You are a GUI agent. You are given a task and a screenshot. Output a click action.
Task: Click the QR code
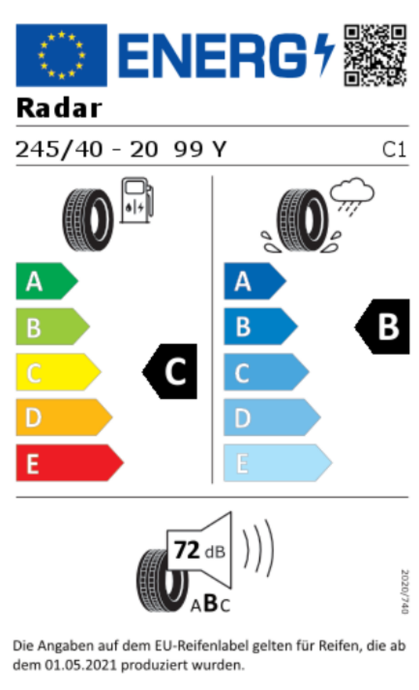click(x=375, y=55)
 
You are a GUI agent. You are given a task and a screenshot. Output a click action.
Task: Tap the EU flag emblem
click(x=61, y=55)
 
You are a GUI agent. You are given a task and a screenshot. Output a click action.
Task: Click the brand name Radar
click(x=59, y=109)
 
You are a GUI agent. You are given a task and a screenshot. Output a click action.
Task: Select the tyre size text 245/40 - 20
click(x=86, y=149)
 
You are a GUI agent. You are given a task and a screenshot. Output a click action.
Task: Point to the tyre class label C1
click(x=394, y=149)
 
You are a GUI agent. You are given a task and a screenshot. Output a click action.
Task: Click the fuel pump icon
click(x=137, y=201)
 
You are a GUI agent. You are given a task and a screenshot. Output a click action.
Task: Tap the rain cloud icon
click(x=352, y=196)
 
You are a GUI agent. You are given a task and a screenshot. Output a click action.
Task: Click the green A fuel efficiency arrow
click(x=47, y=281)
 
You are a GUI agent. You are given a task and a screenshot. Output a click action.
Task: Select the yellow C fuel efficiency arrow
click(x=58, y=372)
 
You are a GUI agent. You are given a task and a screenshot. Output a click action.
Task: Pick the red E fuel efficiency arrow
click(x=70, y=463)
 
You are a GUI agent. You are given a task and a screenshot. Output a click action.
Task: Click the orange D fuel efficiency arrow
click(x=64, y=418)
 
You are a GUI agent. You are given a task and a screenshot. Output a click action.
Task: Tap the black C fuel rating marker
click(x=170, y=372)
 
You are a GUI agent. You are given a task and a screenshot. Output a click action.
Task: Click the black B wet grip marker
click(x=382, y=326)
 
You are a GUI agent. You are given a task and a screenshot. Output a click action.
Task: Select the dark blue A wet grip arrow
click(x=255, y=281)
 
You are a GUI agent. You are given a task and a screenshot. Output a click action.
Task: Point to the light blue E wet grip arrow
click(x=278, y=463)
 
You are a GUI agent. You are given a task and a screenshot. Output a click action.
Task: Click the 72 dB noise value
click(x=199, y=550)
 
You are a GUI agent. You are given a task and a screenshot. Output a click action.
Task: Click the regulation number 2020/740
click(x=405, y=592)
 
